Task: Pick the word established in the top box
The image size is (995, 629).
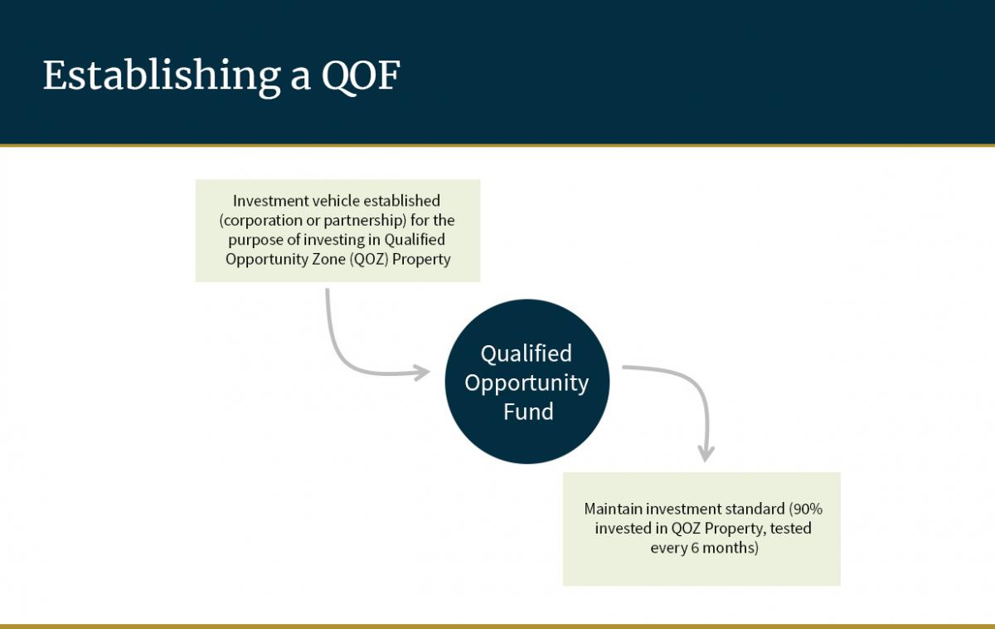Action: coord(400,201)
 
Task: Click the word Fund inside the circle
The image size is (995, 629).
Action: coord(527,412)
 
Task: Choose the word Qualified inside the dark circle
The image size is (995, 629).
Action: coord(527,354)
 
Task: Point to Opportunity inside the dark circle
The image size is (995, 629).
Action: coord(527,383)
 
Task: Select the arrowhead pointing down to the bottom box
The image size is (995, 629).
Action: coord(706,454)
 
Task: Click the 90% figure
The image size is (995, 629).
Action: coord(806,509)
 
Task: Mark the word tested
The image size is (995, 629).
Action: coord(789,529)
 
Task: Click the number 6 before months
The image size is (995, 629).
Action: coord(695,549)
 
